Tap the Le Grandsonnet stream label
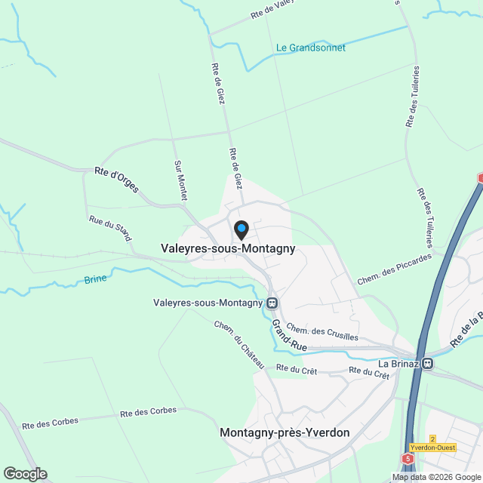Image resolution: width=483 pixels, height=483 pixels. (x=311, y=48)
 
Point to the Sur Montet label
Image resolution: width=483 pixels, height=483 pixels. (x=180, y=180)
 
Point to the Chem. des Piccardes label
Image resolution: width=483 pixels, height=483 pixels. (x=395, y=269)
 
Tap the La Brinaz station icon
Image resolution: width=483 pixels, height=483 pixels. (x=428, y=363)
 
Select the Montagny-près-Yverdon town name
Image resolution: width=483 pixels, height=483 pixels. (x=285, y=432)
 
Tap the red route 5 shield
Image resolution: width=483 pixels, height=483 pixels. (x=408, y=458)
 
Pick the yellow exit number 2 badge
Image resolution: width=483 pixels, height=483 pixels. (x=432, y=438)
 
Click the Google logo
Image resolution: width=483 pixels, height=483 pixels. (x=24, y=474)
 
